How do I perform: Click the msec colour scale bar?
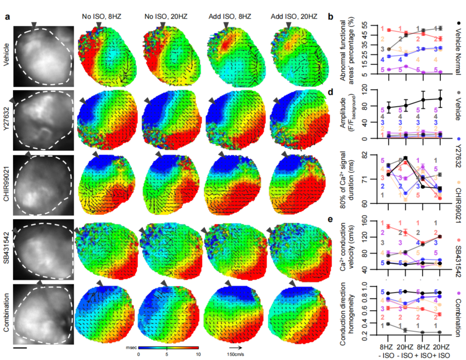click(168, 347)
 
